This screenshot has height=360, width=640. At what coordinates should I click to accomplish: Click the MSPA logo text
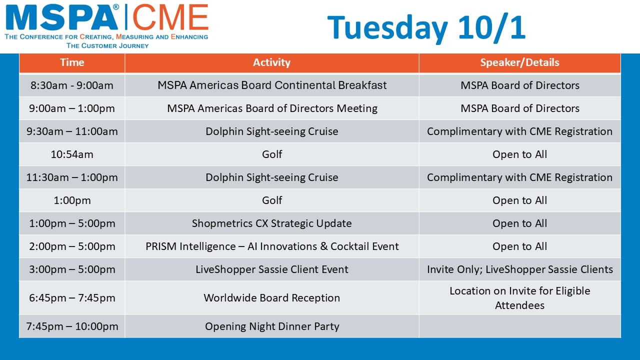click(61, 17)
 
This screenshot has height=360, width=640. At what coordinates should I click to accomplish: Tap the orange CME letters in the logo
click(170, 17)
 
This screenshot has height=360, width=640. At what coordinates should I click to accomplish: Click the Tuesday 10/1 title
click(426, 27)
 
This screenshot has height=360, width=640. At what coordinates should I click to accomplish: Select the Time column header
click(72, 62)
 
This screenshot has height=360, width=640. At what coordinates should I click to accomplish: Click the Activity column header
click(271, 62)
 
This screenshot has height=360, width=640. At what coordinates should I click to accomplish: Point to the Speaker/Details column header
click(519, 62)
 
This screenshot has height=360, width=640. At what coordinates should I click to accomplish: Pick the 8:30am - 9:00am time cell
click(72, 85)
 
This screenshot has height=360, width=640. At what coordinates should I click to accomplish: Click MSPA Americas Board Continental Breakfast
click(272, 85)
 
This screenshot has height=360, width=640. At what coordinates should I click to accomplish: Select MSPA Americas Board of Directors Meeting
click(272, 108)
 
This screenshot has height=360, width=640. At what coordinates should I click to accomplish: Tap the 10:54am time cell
click(72, 154)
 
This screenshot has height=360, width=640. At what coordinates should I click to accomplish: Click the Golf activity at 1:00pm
click(272, 200)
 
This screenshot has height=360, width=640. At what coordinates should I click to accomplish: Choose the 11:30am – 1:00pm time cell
click(72, 177)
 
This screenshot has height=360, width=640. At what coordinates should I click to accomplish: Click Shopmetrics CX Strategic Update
click(271, 223)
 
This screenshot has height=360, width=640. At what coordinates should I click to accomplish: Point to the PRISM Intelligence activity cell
click(272, 246)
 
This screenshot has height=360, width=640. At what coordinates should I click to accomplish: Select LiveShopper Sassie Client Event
click(271, 269)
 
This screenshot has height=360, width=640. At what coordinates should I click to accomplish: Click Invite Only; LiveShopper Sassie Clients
click(520, 269)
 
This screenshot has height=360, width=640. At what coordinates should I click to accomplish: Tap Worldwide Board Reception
click(271, 297)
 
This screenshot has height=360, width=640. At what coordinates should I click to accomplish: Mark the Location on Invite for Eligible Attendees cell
click(519, 298)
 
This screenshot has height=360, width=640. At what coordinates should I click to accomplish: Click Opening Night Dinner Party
click(272, 326)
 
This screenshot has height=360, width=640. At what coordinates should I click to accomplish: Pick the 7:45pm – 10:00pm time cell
click(72, 326)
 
